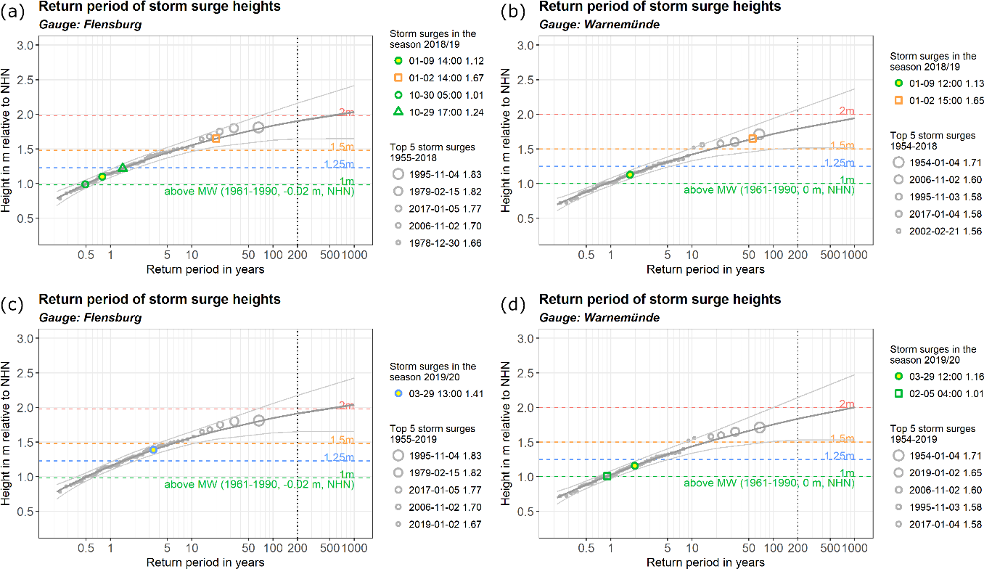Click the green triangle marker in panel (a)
(123, 168)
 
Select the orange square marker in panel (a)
(216, 139)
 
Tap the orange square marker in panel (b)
(753, 139)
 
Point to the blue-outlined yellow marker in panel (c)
(153, 450)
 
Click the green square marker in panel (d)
(607, 476)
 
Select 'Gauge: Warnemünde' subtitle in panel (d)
(588, 317)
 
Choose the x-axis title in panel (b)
(705, 269)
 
